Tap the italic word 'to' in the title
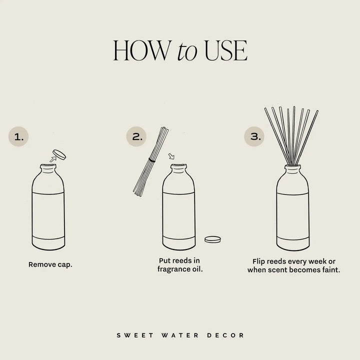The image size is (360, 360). click(x=187, y=53)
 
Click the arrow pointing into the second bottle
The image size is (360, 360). click(x=171, y=157)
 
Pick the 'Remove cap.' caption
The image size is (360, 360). click(x=50, y=264)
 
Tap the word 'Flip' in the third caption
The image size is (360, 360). click(x=261, y=260)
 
